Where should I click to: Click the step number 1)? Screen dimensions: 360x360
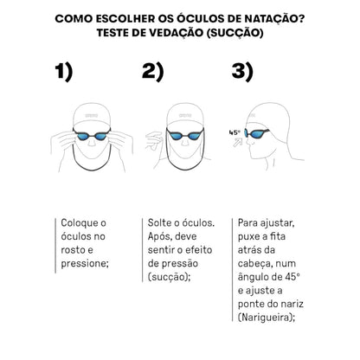tap(64, 72)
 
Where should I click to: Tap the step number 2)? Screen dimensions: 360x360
tap(152, 72)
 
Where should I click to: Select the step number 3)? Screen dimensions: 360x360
tap(242, 72)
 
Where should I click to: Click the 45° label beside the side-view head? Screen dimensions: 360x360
tap(235, 132)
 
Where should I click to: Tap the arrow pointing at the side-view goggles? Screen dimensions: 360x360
tap(238, 142)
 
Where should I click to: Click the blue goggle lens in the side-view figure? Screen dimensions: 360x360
tap(256, 133)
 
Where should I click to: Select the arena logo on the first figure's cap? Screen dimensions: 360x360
tap(92, 116)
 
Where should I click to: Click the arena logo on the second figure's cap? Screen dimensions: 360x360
tap(185, 116)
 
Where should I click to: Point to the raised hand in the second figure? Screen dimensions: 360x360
tap(154, 141)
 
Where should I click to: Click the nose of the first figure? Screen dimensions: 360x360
tap(92, 141)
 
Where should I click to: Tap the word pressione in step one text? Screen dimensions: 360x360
tap(85, 264)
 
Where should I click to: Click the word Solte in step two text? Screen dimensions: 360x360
tap(159, 222)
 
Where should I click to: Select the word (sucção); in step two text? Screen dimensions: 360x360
tap(170, 277)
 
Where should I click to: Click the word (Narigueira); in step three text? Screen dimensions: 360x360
tap(267, 318)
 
